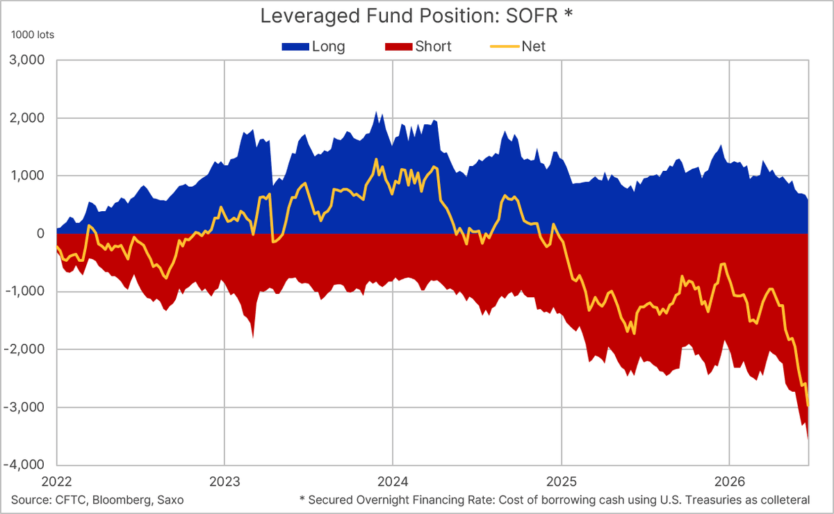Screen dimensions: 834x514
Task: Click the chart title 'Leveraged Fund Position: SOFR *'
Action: point(416,16)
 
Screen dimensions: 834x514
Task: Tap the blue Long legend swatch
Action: point(295,47)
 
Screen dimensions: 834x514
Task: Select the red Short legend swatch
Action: point(399,47)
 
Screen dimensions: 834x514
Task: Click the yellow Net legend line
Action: point(505,47)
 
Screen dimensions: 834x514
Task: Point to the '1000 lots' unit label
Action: point(33,35)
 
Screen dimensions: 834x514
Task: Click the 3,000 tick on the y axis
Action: point(27,60)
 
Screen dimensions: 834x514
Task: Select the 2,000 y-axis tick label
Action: point(27,118)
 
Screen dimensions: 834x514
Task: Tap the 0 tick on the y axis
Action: point(40,234)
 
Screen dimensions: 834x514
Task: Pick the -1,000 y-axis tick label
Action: point(24,292)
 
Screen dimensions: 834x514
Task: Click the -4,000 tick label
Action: point(24,465)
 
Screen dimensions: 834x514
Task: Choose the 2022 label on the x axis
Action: point(56,481)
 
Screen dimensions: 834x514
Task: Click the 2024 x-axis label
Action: point(393,481)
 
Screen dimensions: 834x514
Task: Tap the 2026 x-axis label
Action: point(730,481)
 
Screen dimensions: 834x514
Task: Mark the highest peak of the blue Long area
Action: point(376,111)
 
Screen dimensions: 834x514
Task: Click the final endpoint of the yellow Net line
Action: point(808,406)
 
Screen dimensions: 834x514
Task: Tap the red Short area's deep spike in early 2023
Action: point(253,337)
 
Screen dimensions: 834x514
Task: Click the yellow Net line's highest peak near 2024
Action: point(376,159)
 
